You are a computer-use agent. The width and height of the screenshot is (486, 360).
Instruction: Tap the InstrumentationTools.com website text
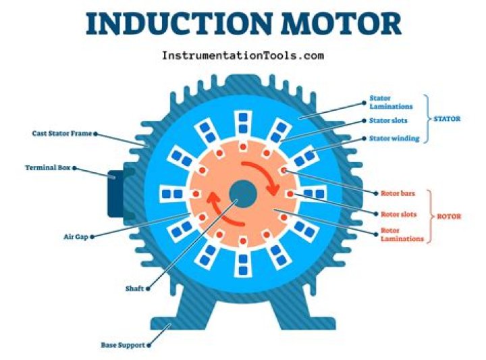coord(243,55)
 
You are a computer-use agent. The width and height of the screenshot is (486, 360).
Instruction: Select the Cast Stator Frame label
coord(61,134)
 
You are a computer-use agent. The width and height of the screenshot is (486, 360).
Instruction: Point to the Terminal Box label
coord(47,168)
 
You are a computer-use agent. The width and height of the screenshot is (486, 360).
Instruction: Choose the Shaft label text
coord(134,288)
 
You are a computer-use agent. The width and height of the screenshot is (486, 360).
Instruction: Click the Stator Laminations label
coord(389,102)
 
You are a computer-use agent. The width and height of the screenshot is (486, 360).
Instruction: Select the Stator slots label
coord(389,122)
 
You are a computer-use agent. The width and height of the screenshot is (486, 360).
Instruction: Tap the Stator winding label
coord(394,138)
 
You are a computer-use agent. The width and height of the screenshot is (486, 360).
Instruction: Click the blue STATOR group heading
coord(447,119)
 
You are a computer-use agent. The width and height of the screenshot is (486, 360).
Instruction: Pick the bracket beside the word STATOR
coord(427,119)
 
